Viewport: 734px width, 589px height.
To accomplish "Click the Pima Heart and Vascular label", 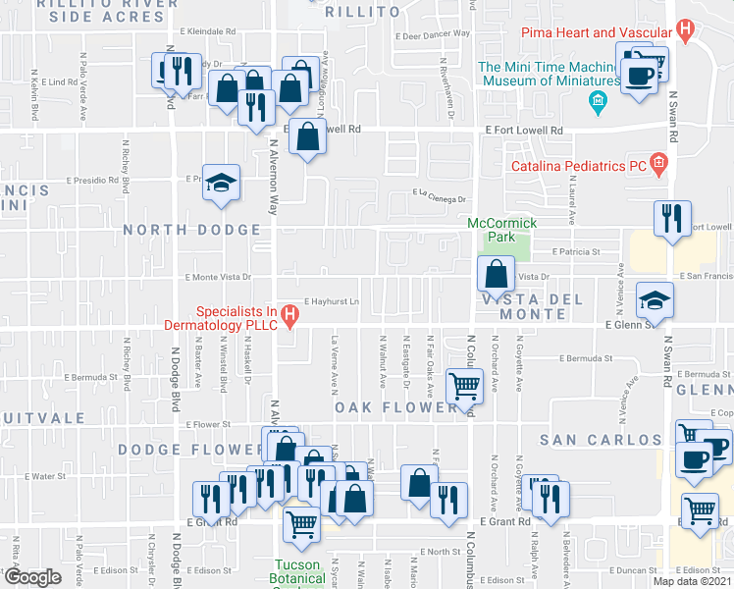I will click(x=594, y=32).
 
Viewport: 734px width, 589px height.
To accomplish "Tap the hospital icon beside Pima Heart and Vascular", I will click(x=685, y=29).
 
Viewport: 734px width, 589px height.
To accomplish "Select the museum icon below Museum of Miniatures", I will click(x=597, y=101).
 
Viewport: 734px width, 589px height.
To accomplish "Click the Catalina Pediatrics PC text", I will click(x=577, y=167).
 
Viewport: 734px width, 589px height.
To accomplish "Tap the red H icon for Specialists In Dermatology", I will click(x=289, y=316).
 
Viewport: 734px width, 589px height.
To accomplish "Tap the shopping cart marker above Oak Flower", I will click(x=464, y=385).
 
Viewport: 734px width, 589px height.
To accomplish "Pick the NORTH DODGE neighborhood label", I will click(x=192, y=230).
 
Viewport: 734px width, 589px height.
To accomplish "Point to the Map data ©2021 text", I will click(x=693, y=581).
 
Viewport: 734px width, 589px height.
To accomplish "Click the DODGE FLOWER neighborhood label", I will click(x=178, y=449).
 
